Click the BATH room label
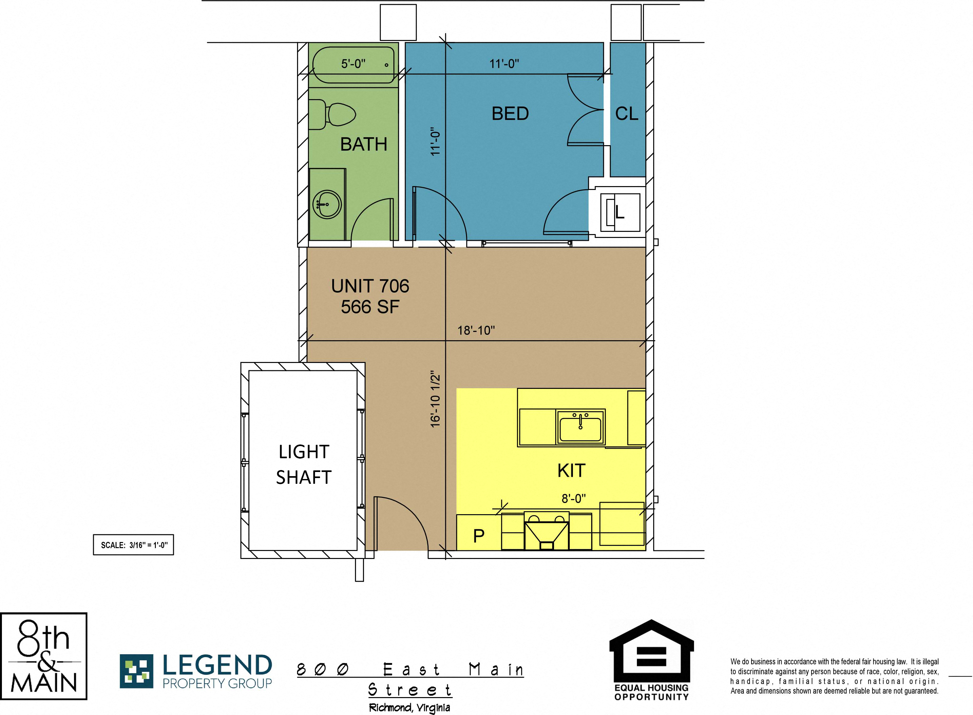pyautogui.click(x=364, y=144)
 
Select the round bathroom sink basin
pyautogui.click(x=327, y=204)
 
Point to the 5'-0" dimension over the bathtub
pyautogui.click(x=353, y=64)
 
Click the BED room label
pyautogui.click(x=510, y=114)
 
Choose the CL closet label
pyautogui.click(x=626, y=114)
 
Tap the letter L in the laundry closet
pyautogui.click(x=620, y=212)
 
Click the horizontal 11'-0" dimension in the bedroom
pyautogui.click(x=504, y=64)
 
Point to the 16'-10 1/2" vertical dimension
pyautogui.click(x=435, y=399)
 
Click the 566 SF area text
pyautogui.click(x=370, y=307)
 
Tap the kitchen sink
pyautogui.click(x=581, y=427)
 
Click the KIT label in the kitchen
pyautogui.click(x=571, y=470)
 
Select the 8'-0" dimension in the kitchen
pyautogui.click(x=574, y=499)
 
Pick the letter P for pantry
pyautogui.click(x=479, y=536)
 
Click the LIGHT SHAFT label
pyautogui.click(x=304, y=464)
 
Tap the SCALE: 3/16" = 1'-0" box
pyautogui.click(x=133, y=545)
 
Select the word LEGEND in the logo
pyautogui.click(x=217, y=665)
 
